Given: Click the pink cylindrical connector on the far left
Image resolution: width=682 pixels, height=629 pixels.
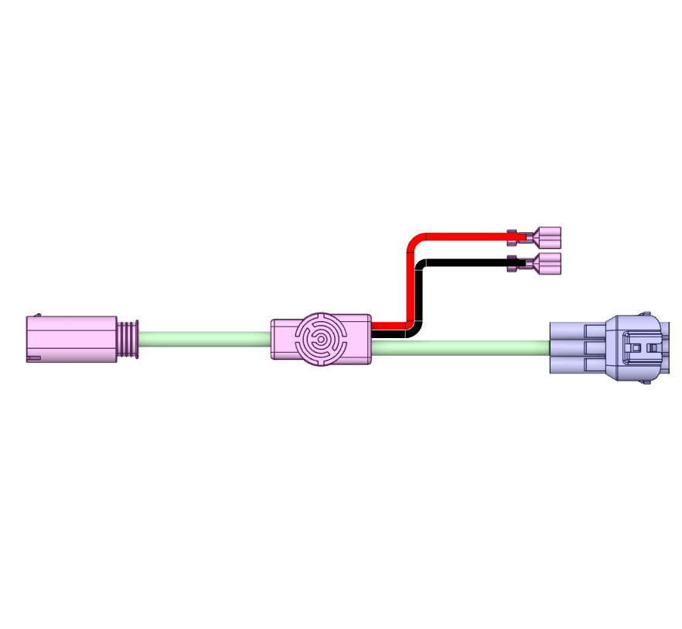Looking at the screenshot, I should click(71, 339).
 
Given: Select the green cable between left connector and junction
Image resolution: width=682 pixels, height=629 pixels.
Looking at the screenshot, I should click(205, 339).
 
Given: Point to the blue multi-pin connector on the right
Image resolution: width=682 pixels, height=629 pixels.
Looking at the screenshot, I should click(611, 347).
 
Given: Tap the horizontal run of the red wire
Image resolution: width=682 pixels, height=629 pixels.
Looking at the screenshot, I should click(464, 234).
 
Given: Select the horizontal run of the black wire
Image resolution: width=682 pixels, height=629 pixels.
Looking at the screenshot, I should click(464, 263).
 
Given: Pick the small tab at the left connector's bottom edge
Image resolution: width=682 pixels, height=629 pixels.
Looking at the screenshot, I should click(33, 357).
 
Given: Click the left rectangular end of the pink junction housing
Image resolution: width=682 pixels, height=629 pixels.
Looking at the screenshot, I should click(281, 339).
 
